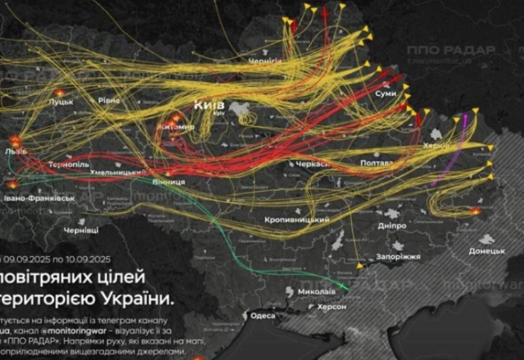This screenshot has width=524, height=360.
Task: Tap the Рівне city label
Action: (109, 99)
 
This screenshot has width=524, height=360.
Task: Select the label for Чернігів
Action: (265, 61)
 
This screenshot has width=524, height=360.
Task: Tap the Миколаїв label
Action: (316, 290)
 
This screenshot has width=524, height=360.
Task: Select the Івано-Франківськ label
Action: (39, 197)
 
